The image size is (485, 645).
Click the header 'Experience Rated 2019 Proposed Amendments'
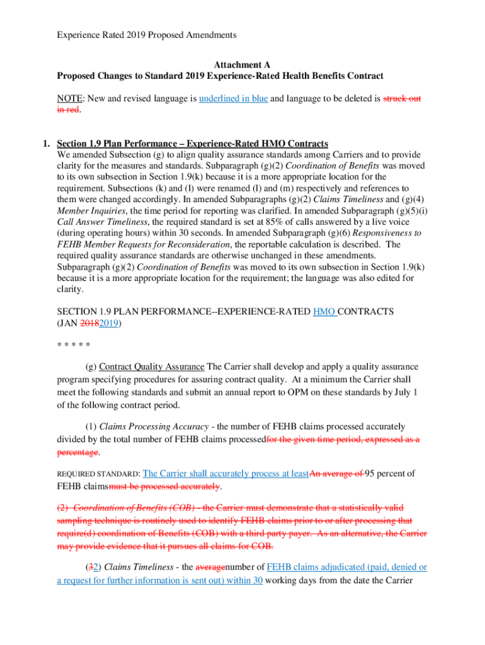pyautogui.click(x=147, y=35)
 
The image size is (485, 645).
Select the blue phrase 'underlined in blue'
pyautogui.click(x=233, y=99)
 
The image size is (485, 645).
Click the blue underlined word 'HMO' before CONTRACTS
pyautogui.click(x=324, y=312)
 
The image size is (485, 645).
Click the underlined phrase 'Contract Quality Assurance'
pyautogui.click(x=152, y=367)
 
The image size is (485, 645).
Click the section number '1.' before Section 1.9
pyautogui.click(x=47, y=143)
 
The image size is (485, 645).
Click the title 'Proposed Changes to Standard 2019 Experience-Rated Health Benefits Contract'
pyautogui.click(x=220, y=76)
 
